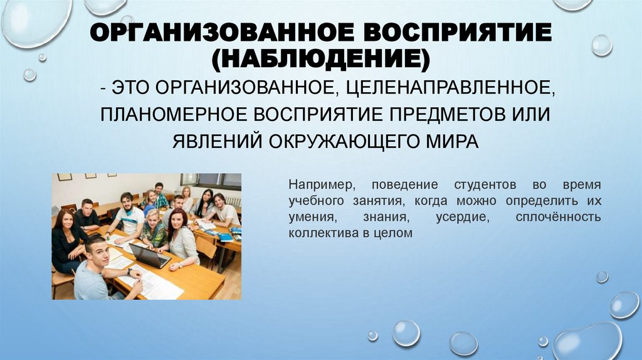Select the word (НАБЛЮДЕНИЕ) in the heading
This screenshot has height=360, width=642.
321,60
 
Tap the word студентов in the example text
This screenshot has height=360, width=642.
480,186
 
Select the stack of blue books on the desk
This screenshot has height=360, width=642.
225,237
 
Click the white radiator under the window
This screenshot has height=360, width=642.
233,201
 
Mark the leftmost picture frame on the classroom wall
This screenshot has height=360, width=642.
65,177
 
